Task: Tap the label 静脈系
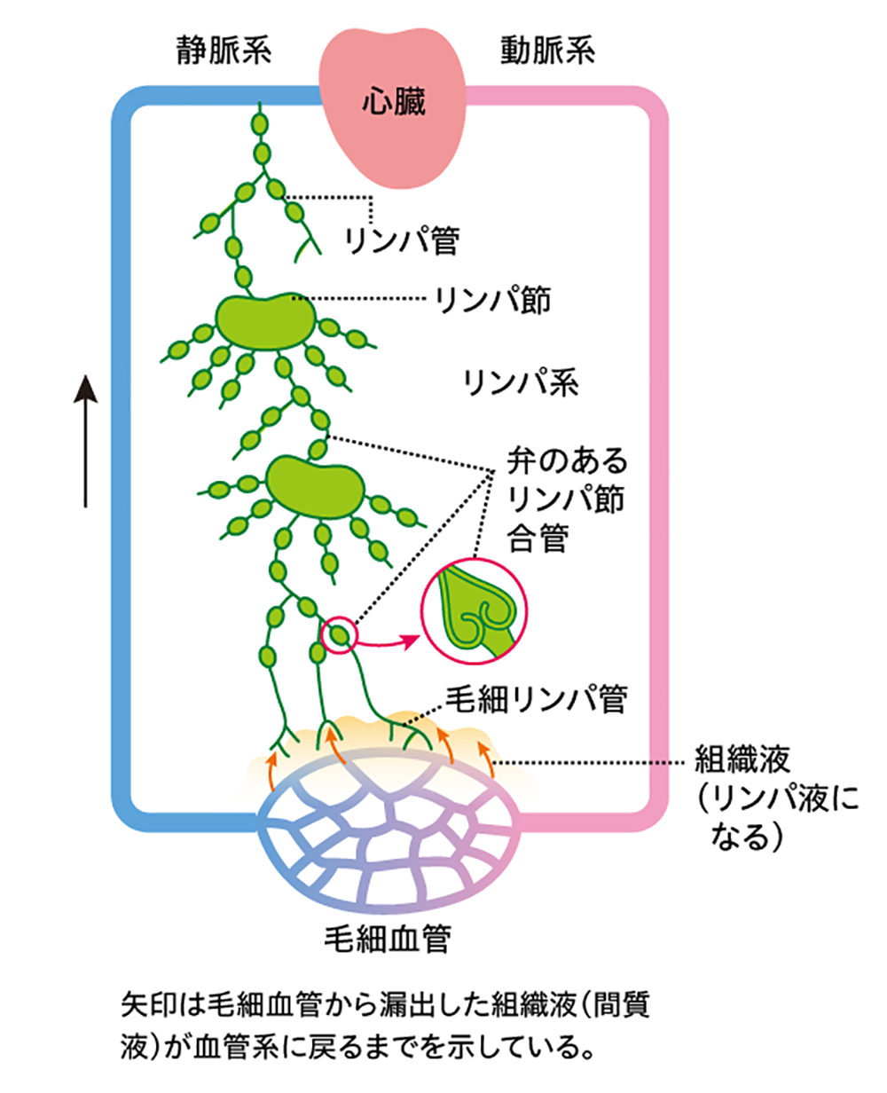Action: pyautogui.click(x=223, y=51)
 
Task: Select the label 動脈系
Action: pyautogui.click(x=544, y=51)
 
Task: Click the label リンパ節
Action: pyautogui.click(x=493, y=301)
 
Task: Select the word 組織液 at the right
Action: pyautogui.click(x=737, y=760)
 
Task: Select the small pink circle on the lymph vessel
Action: pyautogui.click(x=338, y=634)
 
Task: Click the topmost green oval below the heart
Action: pyautogui.click(x=261, y=119)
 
